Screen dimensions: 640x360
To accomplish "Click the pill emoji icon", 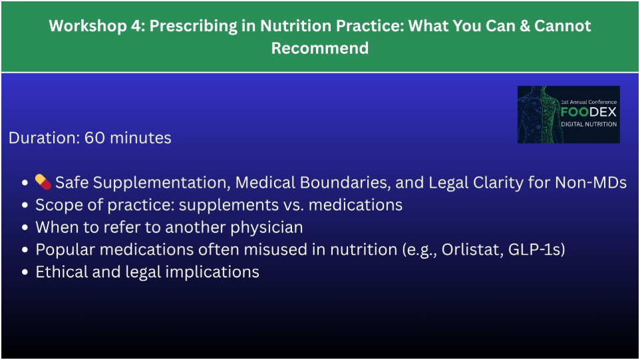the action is (43, 182).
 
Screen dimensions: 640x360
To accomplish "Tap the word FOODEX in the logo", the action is (589, 112).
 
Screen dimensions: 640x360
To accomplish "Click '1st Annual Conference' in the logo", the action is (589, 102).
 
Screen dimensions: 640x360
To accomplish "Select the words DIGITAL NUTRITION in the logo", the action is (589, 124).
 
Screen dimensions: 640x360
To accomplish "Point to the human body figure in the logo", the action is (540, 114).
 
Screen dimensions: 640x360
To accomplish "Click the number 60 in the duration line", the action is (94, 138).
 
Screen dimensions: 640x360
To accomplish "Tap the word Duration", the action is (44, 138).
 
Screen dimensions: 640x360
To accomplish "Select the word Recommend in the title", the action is (320, 48).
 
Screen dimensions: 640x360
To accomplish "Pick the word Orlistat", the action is (472, 250).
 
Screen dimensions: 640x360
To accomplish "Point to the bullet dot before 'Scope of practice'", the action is (25, 205).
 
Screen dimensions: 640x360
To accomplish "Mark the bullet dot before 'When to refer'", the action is (25, 228).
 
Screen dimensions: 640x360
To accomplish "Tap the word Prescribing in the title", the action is (193, 26).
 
